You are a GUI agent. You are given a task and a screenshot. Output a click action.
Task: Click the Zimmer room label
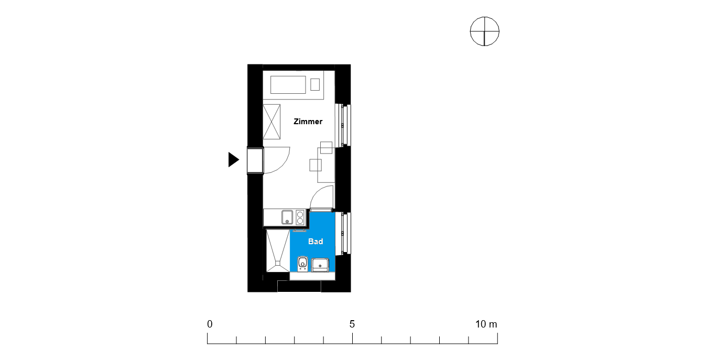click(x=308, y=122)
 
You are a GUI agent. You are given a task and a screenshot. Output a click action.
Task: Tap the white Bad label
click(x=316, y=242)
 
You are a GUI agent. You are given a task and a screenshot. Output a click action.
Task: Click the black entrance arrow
click(x=234, y=159)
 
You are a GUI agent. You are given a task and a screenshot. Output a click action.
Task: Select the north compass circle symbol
click(x=484, y=31)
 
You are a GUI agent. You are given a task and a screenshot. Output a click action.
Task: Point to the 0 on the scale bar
click(x=210, y=324)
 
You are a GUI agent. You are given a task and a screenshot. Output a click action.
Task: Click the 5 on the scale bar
click(x=352, y=324)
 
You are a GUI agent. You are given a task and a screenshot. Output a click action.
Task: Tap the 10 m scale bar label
click(x=486, y=324)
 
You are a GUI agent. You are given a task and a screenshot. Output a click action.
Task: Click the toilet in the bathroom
click(x=302, y=264)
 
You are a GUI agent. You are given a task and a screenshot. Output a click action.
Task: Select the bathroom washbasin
click(x=320, y=265)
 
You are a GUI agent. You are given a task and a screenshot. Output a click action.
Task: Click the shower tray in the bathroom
click(x=278, y=250)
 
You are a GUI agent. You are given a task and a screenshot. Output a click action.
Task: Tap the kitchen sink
click(x=287, y=217)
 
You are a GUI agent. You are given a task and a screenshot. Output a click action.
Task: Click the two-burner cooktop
click(x=300, y=217)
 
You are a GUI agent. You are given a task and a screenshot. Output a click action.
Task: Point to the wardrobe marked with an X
click(x=271, y=122)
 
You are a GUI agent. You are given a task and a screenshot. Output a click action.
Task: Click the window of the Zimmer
click(x=343, y=125)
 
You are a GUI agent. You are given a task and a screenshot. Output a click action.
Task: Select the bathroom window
click(x=343, y=233)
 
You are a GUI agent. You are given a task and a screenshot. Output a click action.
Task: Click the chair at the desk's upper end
click(x=326, y=148)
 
